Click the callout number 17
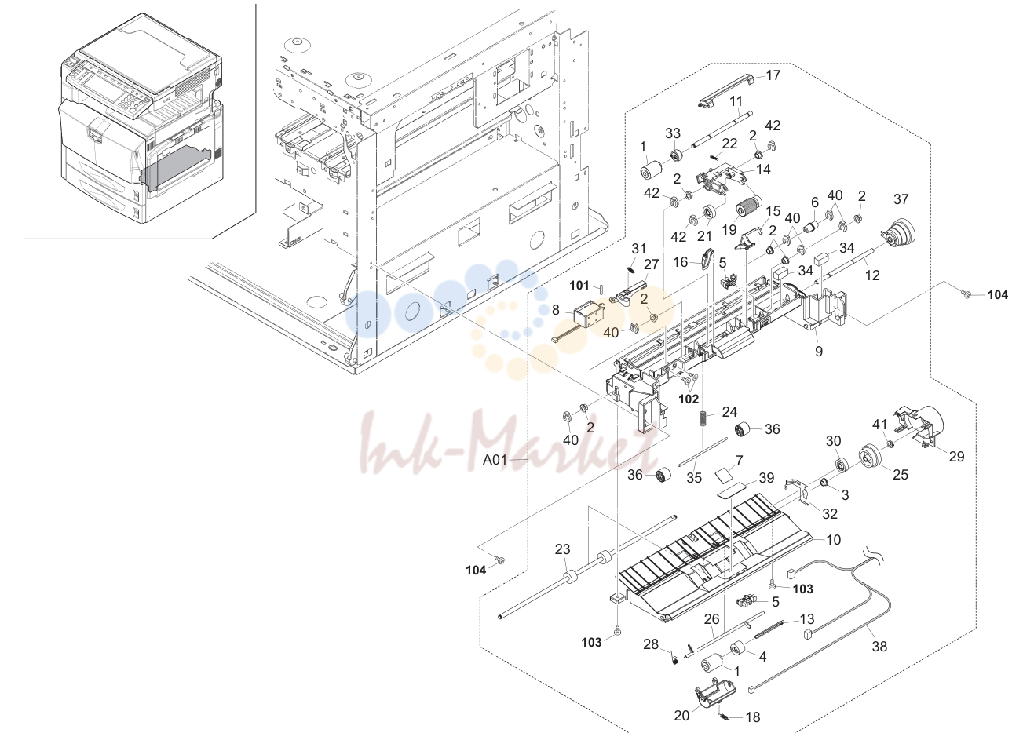[773, 75]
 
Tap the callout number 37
[901, 199]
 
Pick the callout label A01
[495, 460]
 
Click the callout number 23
[563, 549]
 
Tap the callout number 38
[879, 646]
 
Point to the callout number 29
[956, 456]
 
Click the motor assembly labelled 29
[917, 424]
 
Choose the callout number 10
[834, 539]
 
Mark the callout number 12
[872, 275]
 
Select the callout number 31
[639, 248]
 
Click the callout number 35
[694, 477]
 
